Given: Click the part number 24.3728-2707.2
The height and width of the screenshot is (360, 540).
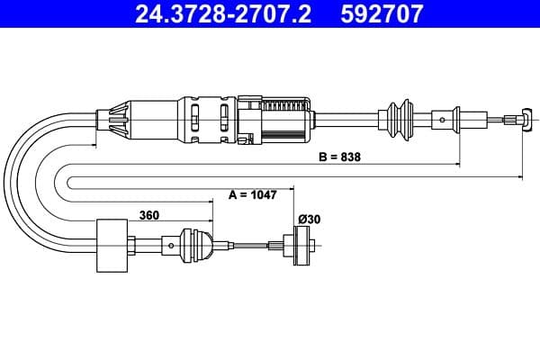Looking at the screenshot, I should pos(222,14).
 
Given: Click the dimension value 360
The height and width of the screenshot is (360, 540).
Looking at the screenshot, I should pos(151,215).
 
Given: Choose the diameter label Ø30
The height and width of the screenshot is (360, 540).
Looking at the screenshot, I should pos(310,219).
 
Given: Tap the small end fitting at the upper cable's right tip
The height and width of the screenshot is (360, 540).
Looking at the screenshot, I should pos(515,118).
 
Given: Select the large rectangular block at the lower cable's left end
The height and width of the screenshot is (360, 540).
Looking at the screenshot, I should pos(112,245).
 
